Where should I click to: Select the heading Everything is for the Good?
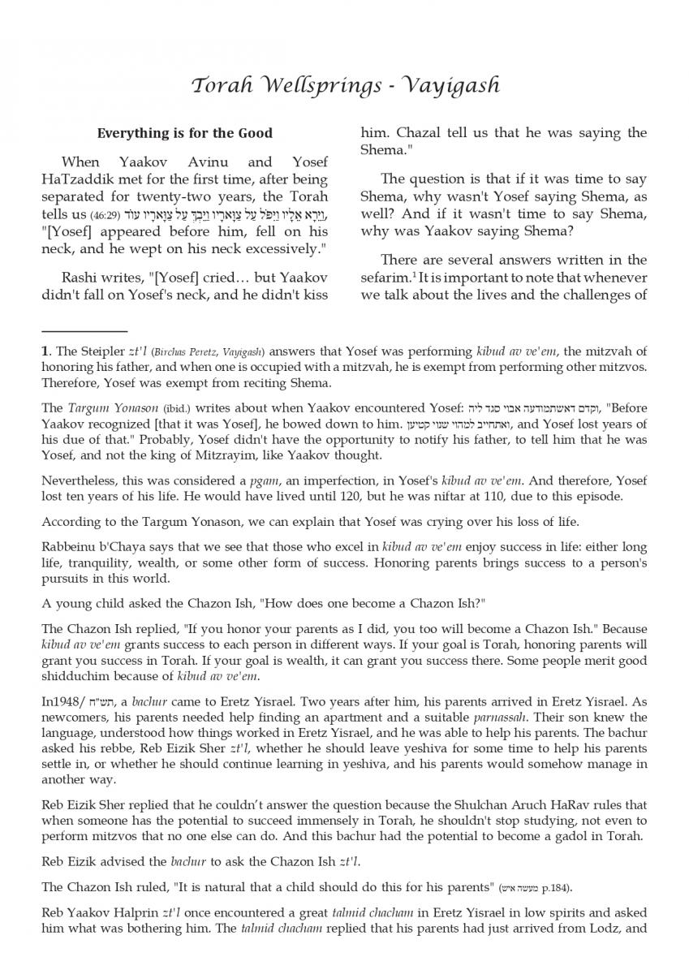pyautogui.click(x=185, y=133)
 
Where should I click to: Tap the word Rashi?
pyautogui.click(x=81, y=277)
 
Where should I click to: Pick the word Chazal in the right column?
pyautogui.click(x=420, y=133)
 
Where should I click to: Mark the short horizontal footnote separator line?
pyautogui.click(x=84, y=331)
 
